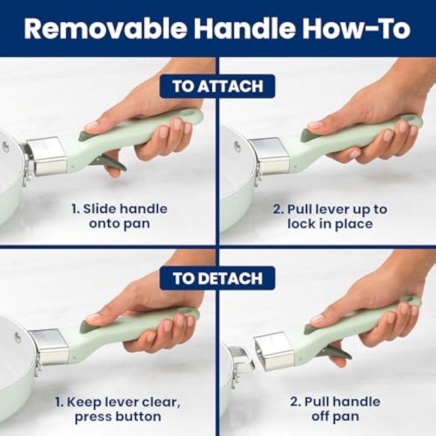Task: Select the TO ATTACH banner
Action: (218, 86)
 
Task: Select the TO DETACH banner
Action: (218, 278)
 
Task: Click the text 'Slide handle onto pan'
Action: (119, 216)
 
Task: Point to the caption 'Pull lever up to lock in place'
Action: (330, 216)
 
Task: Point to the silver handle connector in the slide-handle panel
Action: (47, 156)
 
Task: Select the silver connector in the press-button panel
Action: (49, 347)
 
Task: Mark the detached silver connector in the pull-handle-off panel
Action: (274, 352)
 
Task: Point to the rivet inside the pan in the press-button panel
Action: (17, 337)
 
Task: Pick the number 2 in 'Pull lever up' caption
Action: (277, 209)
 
